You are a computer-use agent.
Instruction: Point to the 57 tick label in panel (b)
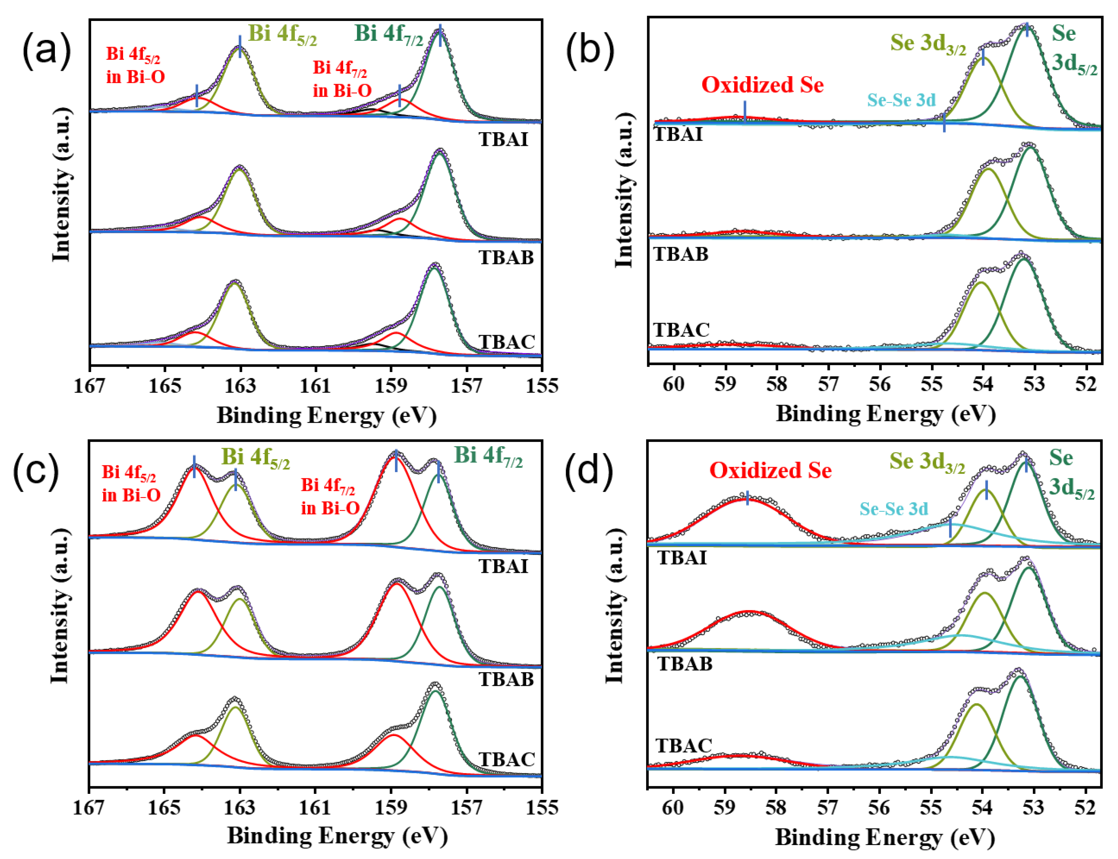(x=828, y=384)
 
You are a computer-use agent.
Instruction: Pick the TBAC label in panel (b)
(x=681, y=330)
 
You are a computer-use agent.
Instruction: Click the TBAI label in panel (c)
(x=503, y=566)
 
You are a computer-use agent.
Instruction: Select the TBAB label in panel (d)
(x=685, y=664)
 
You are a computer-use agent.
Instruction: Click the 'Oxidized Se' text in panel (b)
(x=762, y=84)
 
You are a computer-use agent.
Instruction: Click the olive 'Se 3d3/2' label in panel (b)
(x=928, y=44)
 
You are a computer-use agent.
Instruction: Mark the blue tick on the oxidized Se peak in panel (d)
(x=748, y=498)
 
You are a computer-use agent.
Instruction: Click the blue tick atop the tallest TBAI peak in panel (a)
(x=440, y=35)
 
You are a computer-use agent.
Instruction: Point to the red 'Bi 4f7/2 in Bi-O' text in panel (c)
(x=330, y=496)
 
